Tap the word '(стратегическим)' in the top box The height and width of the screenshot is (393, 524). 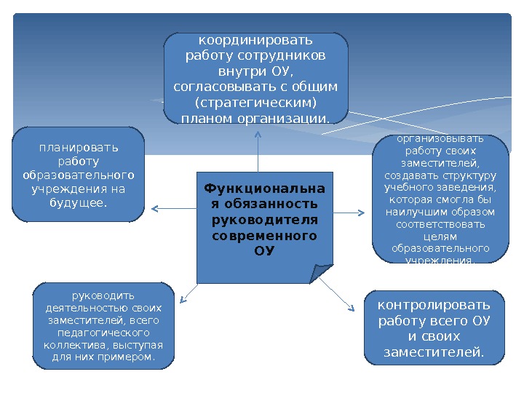pos(256,102)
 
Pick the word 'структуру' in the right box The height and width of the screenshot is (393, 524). pos(473,175)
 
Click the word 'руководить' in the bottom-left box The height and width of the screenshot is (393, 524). pos(103,295)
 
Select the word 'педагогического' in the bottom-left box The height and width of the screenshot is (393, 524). pos(103,333)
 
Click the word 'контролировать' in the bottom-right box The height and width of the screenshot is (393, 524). pos(434,304)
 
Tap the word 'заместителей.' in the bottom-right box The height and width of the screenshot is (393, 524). pos(434,353)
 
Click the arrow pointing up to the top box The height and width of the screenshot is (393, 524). pos(258,146)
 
